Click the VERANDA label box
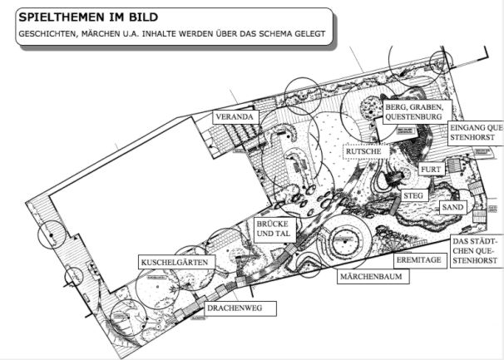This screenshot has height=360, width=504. [234, 117]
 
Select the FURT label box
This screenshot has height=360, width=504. [430, 170]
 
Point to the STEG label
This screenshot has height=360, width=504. [413, 195]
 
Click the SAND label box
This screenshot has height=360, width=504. [452, 206]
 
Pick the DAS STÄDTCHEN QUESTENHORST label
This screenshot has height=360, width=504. [475, 251]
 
